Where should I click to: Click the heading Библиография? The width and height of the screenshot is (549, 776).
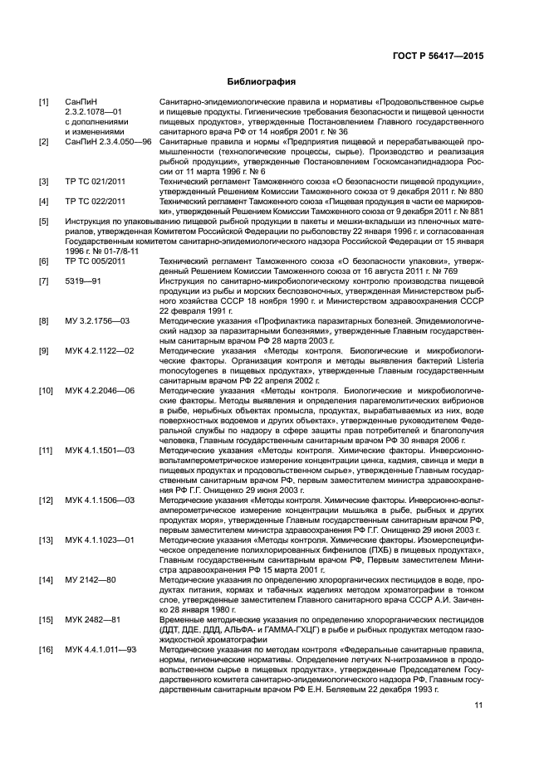click(262, 81)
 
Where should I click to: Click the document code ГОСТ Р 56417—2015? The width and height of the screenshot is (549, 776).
click(438, 56)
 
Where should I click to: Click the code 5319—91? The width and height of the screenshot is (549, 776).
click(83, 281)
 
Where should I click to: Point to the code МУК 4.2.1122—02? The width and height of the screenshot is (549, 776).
click(100, 350)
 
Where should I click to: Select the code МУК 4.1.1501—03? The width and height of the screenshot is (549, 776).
click(100, 449)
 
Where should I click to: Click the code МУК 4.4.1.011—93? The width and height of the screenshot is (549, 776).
click(101, 647)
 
